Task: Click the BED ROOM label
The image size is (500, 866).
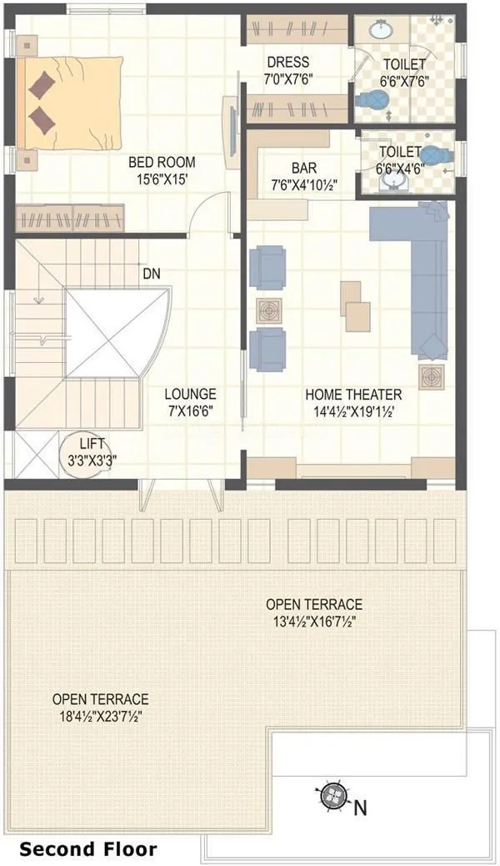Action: [162, 161]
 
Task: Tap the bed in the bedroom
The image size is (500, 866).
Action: [71, 104]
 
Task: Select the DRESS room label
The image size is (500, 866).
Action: [288, 62]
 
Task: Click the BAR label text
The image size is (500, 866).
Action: [304, 168]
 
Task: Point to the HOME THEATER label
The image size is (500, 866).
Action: [353, 395]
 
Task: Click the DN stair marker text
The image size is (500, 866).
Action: [152, 274]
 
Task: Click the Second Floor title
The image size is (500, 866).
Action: [87, 849]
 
